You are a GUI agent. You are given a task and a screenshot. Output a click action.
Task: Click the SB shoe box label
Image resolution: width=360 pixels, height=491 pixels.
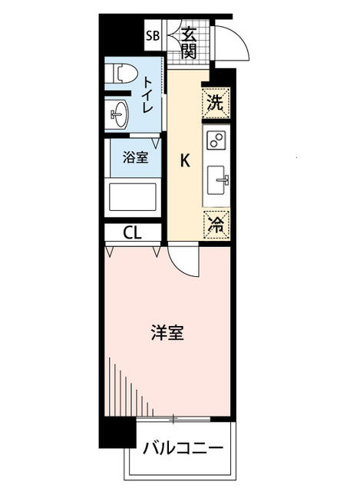152,36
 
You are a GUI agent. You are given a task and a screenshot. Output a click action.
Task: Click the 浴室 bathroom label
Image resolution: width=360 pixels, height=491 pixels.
135,158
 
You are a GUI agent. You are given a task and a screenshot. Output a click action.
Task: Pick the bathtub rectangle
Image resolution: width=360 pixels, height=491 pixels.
132,196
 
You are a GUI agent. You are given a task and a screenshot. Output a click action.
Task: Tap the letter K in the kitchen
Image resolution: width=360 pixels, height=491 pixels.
184,160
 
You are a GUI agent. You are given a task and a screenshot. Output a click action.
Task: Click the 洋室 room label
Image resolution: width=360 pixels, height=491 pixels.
167,333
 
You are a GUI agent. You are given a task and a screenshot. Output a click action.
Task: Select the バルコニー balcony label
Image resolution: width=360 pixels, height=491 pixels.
182,448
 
